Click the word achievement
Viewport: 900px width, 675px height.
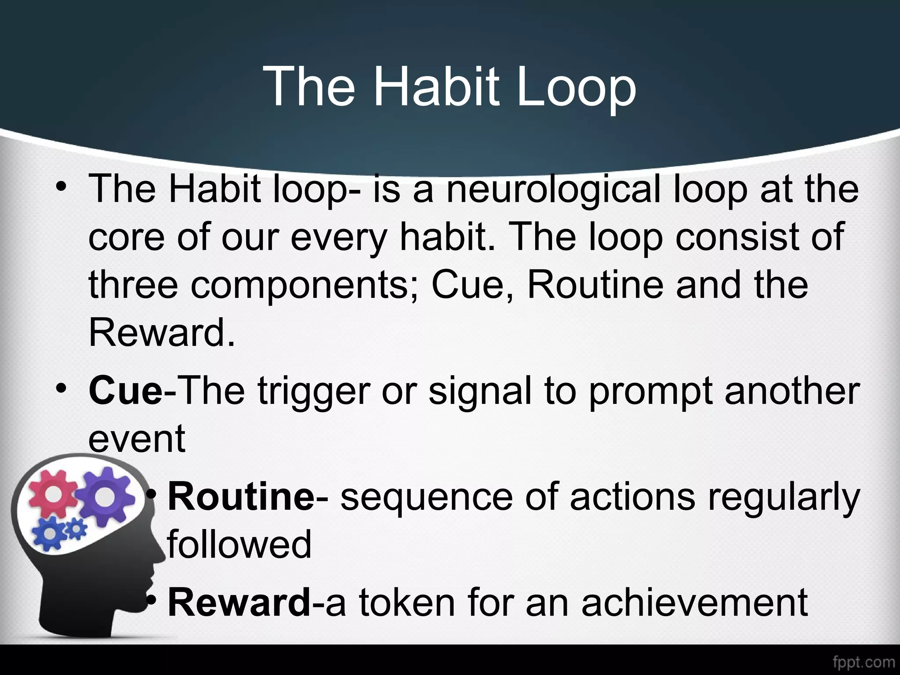point(694,602)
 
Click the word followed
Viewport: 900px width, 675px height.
point(240,544)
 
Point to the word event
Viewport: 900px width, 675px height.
point(137,439)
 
